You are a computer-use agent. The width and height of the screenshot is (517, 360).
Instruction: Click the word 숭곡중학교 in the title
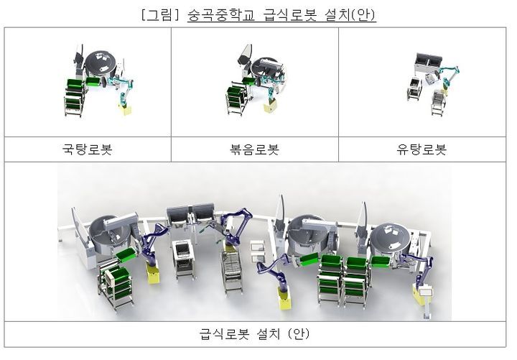click(x=221, y=15)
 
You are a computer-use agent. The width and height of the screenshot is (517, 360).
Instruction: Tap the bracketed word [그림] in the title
click(x=160, y=15)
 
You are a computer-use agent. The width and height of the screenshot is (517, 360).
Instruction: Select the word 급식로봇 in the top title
click(x=290, y=15)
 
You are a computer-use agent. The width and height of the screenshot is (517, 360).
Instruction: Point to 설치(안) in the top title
click(x=350, y=15)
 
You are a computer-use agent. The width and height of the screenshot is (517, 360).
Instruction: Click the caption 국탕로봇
click(x=88, y=149)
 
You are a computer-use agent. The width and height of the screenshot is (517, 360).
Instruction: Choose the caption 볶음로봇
click(x=254, y=149)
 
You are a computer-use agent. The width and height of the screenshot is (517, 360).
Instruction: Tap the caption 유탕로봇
click(x=421, y=149)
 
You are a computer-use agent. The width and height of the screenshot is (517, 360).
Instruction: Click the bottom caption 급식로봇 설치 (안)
click(x=254, y=333)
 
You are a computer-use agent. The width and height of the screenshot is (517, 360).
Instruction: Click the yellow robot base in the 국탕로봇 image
click(x=125, y=109)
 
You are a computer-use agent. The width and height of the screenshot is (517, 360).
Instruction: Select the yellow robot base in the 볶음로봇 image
click(x=271, y=106)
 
